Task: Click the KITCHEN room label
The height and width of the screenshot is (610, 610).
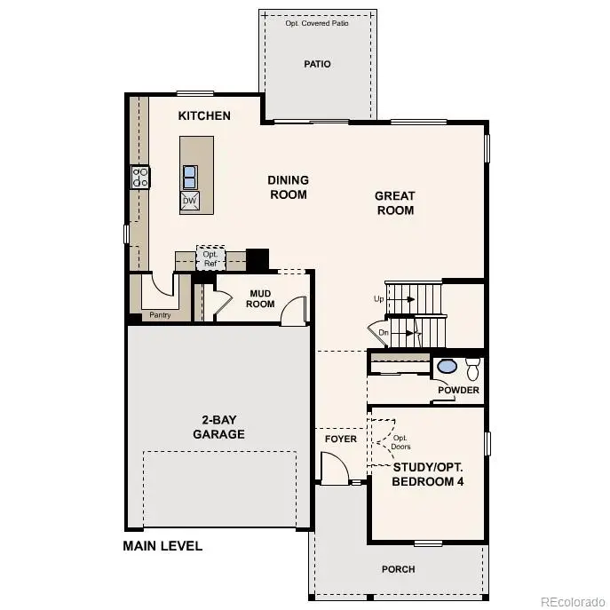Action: pyautogui.click(x=204, y=115)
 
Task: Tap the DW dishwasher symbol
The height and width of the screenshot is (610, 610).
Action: pyautogui.click(x=189, y=201)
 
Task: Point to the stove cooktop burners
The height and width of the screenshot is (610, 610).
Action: pyautogui.click(x=140, y=177)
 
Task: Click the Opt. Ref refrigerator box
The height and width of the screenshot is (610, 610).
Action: pyautogui.click(x=210, y=259)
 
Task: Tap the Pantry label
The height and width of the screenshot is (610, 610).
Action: pyautogui.click(x=160, y=314)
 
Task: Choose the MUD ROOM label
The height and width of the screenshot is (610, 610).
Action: pyautogui.click(x=261, y=297)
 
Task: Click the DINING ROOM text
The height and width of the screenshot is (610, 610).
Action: pyautogui.click(x=288, y=187)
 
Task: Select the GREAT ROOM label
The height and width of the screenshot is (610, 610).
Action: pyautogui.click(x=395, y=203)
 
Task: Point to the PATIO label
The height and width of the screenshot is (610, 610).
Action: pyautogui.click(x=317, y=64)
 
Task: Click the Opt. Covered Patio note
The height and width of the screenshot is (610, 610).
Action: pyautogui.click(x=317, y=23)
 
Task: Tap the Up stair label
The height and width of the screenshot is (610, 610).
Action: pyautogui.click(x=379, y=299)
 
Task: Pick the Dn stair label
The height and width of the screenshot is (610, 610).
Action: pyautogui.click(x=384, y=333)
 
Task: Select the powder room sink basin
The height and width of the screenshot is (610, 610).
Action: pyautogui.click(x=448, y=366)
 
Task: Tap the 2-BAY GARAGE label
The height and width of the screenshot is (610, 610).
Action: pyautogui.click(x=218, y=427)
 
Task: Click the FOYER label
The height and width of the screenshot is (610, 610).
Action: pyautogui.click(x=341, y=439)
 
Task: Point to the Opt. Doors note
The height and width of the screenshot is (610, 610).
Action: pyautogui.click(x=401, y=442)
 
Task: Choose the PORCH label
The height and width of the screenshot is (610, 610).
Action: pyautogui.click(x=398, y=569)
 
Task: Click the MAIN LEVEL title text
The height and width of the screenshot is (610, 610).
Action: pyautogui.click(x=162, y=546)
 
